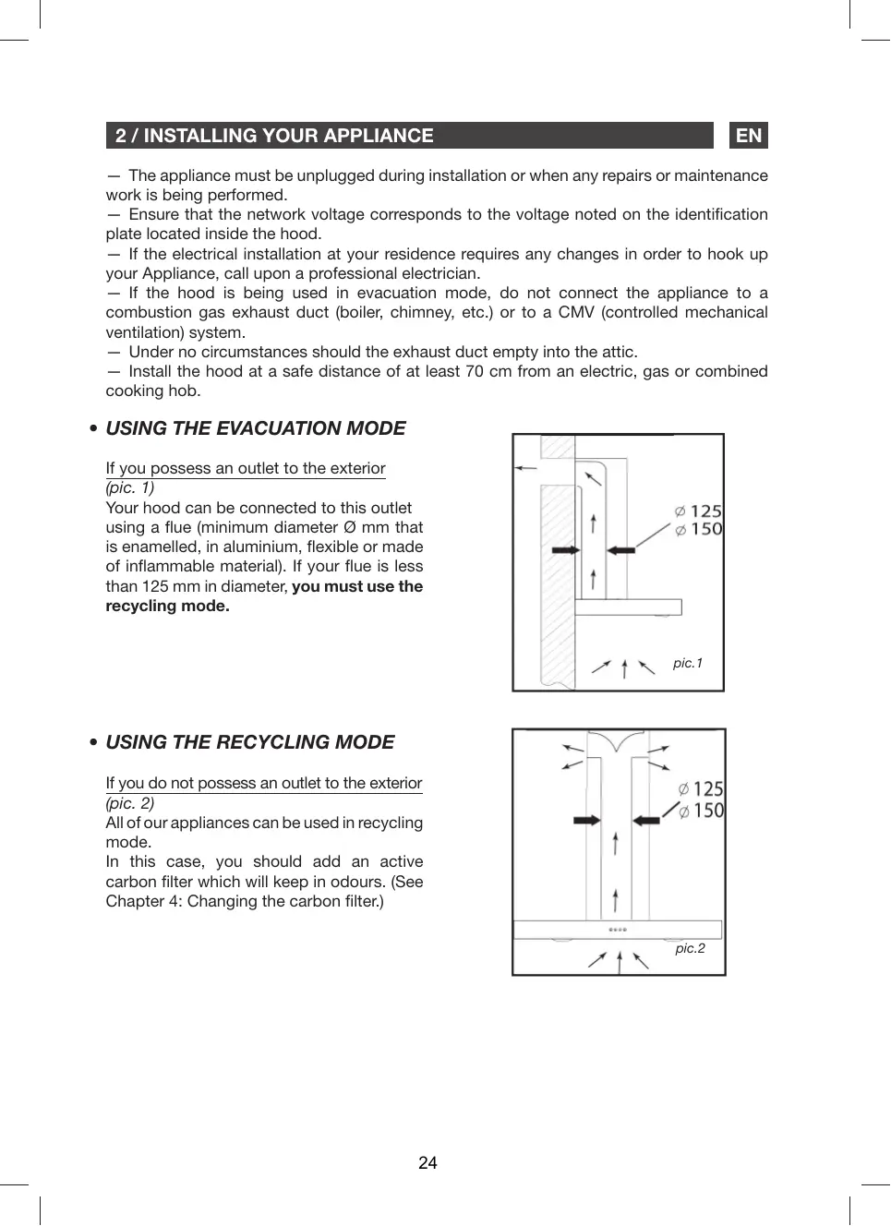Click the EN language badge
749,136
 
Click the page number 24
427,1163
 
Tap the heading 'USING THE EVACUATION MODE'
256,428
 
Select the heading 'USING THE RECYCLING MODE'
250,742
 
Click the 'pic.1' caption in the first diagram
688,663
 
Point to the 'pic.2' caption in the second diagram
690,948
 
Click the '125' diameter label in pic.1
705,511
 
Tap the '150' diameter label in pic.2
708,811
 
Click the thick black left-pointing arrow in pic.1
621,549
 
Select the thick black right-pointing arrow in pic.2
587,820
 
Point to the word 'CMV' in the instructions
576,312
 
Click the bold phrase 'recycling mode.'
168,606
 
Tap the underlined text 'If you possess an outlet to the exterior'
246,468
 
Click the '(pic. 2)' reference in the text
130,803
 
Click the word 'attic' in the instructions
616,352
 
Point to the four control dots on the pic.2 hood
618,930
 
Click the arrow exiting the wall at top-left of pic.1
525,468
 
